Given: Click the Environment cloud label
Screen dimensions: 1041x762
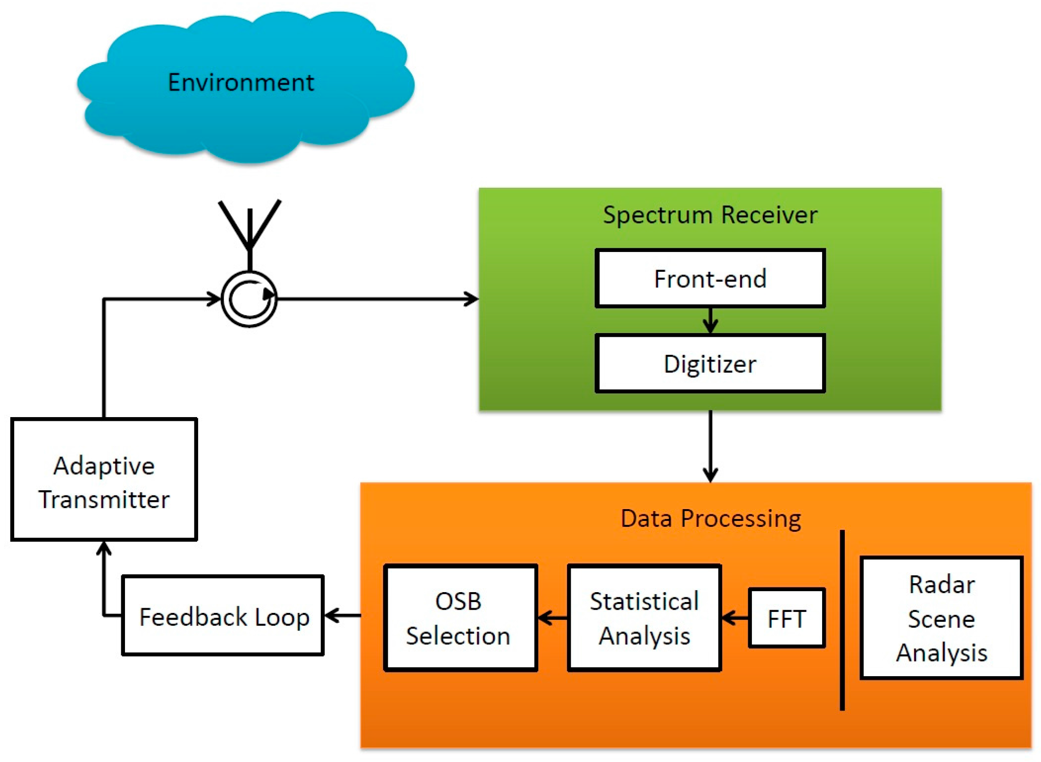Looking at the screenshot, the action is point(241,83).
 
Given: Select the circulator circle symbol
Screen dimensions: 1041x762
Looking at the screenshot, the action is point(249,299).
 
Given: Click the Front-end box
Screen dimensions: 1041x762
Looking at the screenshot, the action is point(710,278).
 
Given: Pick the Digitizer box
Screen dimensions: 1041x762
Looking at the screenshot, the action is point(710,364).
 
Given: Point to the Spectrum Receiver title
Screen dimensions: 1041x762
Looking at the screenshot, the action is point(710,215).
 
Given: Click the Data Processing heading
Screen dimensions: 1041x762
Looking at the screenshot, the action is point(710,519).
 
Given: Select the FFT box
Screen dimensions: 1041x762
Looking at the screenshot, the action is point(787,618).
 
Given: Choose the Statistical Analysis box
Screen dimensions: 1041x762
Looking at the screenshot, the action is point(644,618).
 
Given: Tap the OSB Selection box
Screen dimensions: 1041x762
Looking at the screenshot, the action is point(460,618).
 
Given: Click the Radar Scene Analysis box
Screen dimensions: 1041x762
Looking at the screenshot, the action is point(941,618).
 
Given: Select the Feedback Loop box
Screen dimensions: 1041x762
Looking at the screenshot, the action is point(223,615).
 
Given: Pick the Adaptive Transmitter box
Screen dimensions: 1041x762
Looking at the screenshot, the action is point(104,479).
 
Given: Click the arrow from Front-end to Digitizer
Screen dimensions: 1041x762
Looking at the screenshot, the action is point(710,321).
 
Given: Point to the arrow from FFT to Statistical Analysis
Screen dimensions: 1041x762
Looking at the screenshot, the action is point(735,618).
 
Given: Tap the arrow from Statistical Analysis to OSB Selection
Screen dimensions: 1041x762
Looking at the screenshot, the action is point(552,618).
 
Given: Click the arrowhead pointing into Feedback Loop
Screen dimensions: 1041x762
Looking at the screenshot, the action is point(332,615).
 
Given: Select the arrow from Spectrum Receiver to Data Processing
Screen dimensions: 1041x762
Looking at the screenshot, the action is point(710,446).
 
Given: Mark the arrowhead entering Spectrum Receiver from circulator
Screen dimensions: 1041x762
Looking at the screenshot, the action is point(471,299).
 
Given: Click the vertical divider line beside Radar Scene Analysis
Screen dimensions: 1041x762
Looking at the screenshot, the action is point(842,620).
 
